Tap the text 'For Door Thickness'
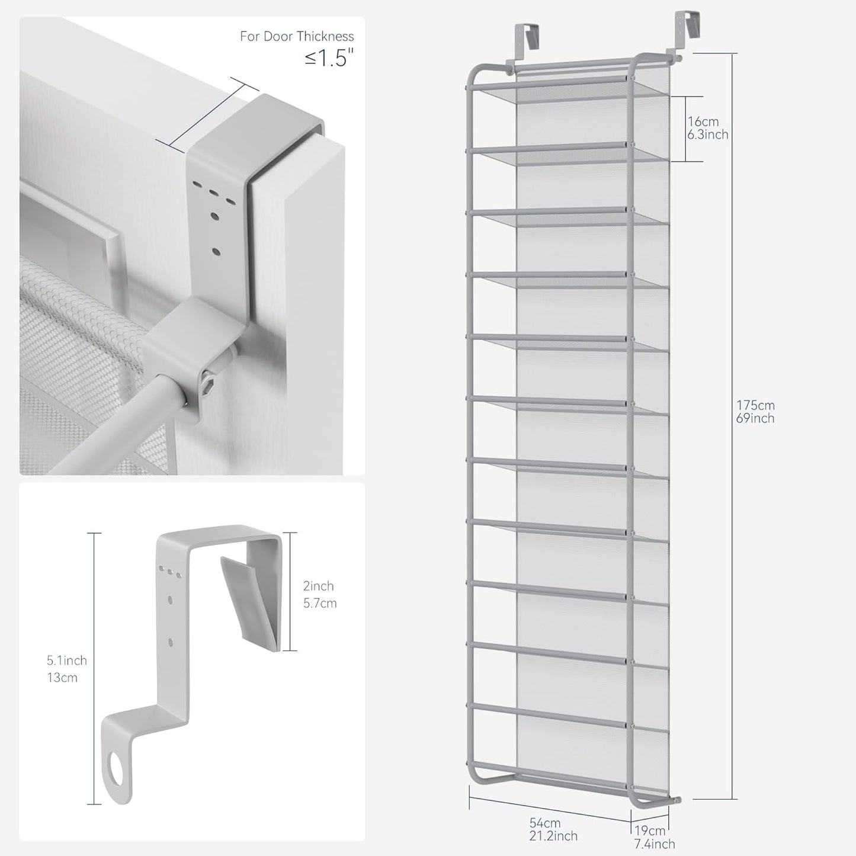point(297,37)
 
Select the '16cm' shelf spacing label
point(703,121)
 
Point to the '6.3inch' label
point(707,134)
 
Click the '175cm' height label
point(755,405)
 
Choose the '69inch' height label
point(755,418)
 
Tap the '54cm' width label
point(545,823)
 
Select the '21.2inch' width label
point(553,836)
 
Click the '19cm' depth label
point(649,831)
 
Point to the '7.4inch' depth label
point(655,844)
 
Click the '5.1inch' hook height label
point(67,660)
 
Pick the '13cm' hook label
point(62,677)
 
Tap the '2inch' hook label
point(318,586)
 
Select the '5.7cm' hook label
point(319,603)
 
